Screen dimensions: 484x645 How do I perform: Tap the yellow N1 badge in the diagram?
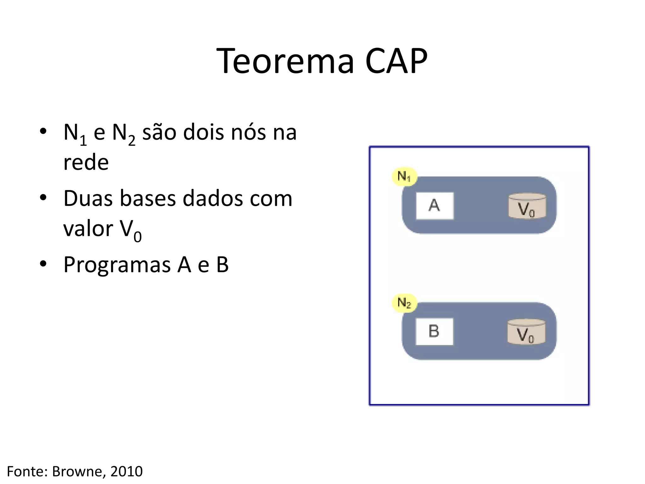(x=404, y=176)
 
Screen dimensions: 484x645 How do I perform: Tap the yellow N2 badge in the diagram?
(x=404, y=303)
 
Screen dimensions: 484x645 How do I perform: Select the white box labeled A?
(x=435, y=205)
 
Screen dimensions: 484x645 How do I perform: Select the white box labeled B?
(x=434, y=331)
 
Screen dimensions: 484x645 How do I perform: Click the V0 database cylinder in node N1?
(x=527, y=206)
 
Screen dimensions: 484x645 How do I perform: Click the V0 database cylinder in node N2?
(x=526, y=332)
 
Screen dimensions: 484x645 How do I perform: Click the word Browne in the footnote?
(x=77, y=471)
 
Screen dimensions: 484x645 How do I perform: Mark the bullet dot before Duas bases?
(x=43, y=198)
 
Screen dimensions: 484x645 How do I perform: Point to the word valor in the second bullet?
(x=88, y=228)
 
